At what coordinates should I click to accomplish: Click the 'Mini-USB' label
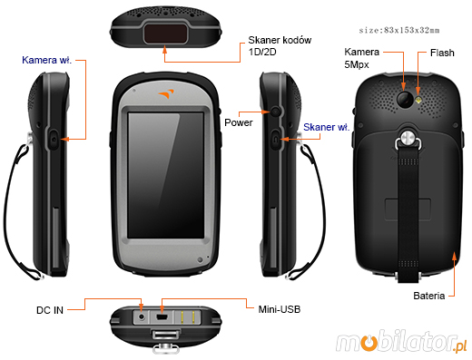(278, 310)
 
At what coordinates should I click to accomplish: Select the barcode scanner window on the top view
(163, 34)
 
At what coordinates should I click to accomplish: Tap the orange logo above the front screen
(163, 94)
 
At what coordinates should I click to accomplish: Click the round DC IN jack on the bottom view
(142, 317)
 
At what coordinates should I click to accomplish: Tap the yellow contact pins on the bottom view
(188, 318)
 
